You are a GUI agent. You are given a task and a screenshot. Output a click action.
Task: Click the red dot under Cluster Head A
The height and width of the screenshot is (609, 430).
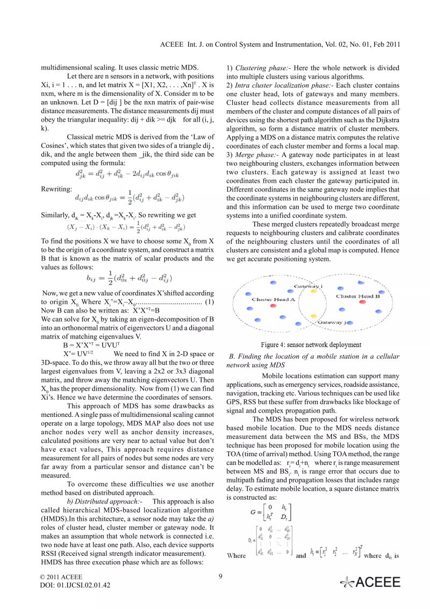coord(273,305)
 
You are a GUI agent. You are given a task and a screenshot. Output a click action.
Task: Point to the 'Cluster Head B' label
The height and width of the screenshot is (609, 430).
coord(358,296)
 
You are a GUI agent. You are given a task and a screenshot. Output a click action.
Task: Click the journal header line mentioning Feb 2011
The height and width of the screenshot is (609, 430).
coord(280,44)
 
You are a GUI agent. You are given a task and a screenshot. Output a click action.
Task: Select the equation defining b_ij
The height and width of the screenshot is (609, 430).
coord(129,278)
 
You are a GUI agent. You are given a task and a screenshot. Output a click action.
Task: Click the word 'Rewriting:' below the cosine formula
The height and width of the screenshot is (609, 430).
coord(56,189)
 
